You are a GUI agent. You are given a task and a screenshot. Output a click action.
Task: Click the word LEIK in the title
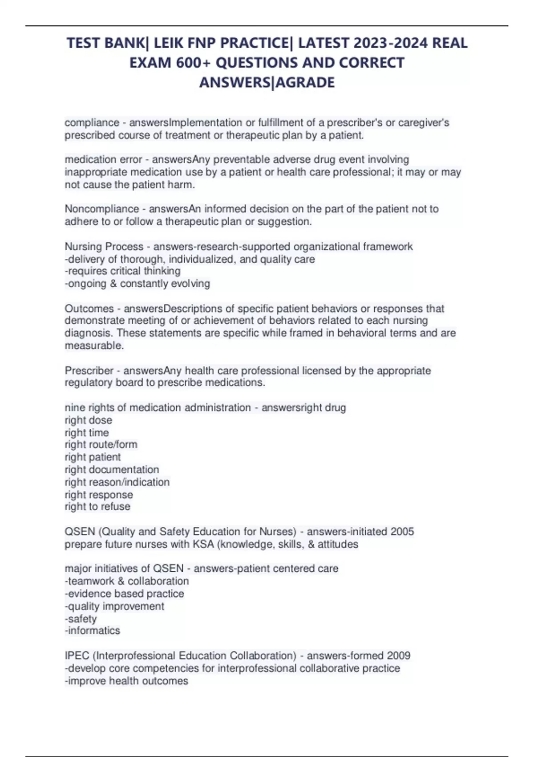tap(168, 43)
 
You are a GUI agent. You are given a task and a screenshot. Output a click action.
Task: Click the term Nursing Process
tap(104, 246)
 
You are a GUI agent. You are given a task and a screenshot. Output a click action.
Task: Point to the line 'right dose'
tap(89, 420)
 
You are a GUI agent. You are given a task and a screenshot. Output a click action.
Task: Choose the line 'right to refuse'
tap(97, 506)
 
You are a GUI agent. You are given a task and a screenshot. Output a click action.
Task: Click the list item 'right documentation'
tap(112, 469)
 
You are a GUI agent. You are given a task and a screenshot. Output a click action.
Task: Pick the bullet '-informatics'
tap(93, 631)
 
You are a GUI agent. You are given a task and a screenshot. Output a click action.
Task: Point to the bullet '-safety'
tap(81, 619)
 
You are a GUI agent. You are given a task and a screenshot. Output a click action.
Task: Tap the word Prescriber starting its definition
tap(89, 370)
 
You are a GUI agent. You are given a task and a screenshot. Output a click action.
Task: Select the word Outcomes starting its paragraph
tap(89, 309)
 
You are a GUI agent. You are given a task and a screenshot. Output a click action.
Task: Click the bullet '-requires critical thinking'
tap(123, 271)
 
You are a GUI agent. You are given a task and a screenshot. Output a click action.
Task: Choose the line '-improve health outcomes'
tap(126, 681)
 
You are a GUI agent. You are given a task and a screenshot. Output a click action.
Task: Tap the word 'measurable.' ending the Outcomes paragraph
tap(94, 346)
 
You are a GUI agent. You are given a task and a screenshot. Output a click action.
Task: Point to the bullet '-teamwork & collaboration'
tap(127, 581)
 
